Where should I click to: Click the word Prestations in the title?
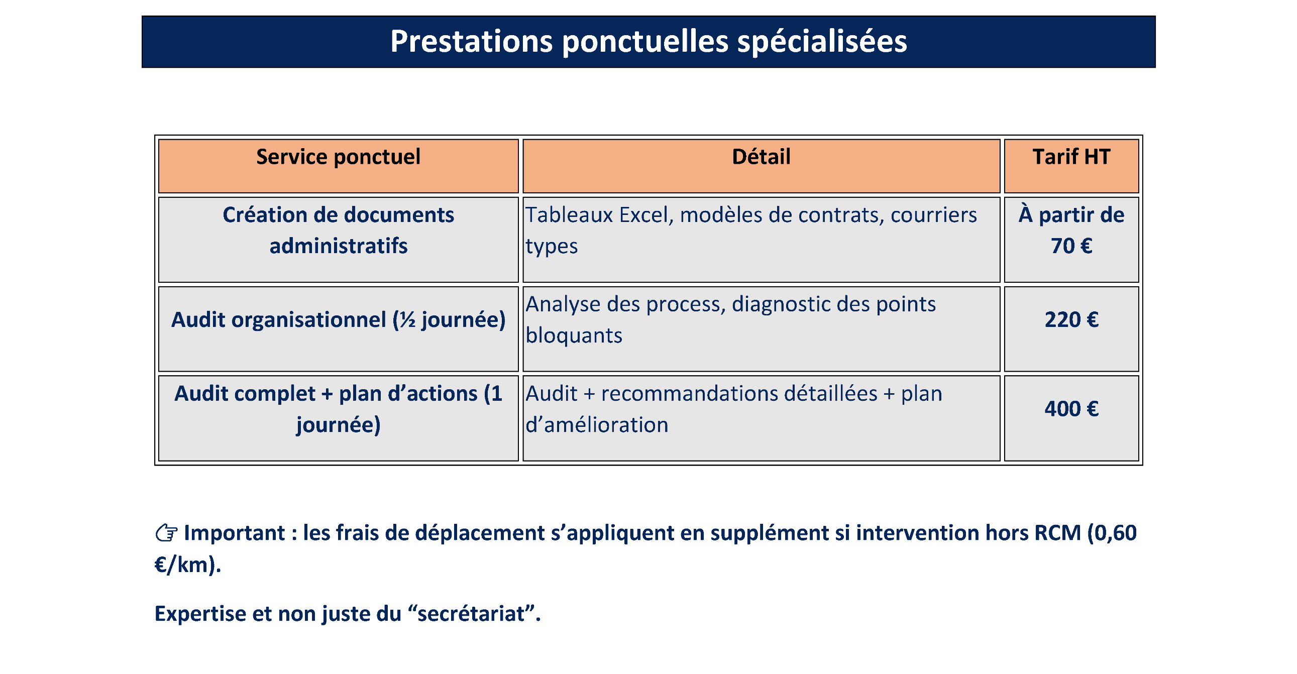(471, 41)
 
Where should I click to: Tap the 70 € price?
(1071, 246)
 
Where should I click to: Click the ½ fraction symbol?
(408, 320)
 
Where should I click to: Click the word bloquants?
(574, 335)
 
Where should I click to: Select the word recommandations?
(739, 394)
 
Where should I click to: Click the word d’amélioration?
(597, 425)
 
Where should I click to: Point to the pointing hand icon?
(166, 533)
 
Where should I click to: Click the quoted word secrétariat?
(471, 614)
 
